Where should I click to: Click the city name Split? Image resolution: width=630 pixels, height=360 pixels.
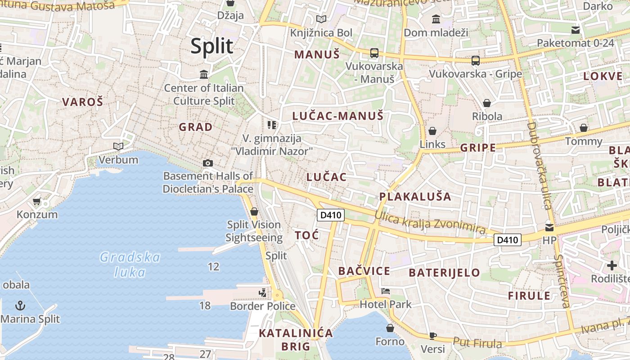[x=212, y=46]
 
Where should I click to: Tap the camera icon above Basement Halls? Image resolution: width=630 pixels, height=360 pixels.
[x=207, y=163]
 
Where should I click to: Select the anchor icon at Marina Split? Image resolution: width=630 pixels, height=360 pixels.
[x=20, y=306]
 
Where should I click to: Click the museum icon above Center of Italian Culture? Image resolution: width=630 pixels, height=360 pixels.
[x=204, y=74]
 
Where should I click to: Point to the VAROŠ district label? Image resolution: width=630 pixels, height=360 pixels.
[x=83, y=102]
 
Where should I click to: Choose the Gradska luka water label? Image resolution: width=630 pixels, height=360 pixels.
[x=130, y=265]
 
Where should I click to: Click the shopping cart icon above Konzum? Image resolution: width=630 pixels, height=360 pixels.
[x=37, y=201]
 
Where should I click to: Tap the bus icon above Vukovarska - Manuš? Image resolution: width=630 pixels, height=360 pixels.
[x=374, y=53]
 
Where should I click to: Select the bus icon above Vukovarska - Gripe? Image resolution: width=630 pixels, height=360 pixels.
[x=476, y=60]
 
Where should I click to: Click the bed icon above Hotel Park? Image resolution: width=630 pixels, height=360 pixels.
[x=386, y=291]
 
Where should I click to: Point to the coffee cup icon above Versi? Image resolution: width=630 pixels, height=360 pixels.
[x=433, y=335]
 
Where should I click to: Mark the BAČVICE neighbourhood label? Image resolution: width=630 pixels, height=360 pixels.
[x=364, y=271]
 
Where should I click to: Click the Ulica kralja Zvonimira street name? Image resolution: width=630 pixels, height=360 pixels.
[x=430, y=223]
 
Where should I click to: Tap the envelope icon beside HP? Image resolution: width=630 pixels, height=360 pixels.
[x=549, y=227]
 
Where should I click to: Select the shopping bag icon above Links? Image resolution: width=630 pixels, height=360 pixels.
[x=432, y=131]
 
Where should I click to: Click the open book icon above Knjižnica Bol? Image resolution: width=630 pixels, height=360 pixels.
[x=321, y=19]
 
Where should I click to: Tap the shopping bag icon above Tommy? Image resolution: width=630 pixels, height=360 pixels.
[x=584, y=128]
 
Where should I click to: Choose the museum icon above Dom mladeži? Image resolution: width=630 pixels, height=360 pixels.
[x=436, y=19]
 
